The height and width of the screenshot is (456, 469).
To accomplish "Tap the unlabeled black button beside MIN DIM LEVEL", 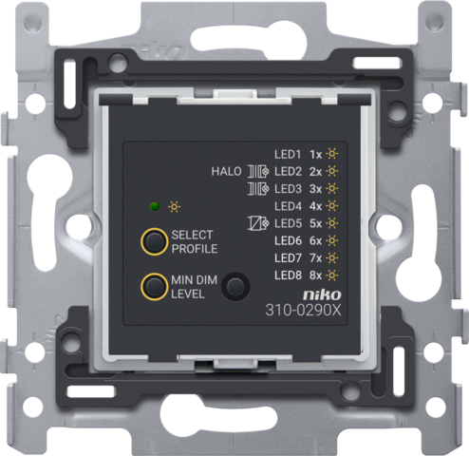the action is pos(235,287).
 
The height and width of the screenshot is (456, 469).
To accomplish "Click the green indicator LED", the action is pos(155,207).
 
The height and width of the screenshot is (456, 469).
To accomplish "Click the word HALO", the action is pos(226,172).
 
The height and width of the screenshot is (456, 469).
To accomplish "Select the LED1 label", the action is pos(288,155).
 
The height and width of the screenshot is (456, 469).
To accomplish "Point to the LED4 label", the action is pos(288,206).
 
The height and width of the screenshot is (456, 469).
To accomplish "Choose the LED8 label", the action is pos(288,275).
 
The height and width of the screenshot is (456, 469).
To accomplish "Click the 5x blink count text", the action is pos(315,223).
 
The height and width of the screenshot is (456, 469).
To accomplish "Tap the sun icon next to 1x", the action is pos(332,154).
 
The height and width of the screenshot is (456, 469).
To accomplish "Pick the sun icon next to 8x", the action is pos(332,275).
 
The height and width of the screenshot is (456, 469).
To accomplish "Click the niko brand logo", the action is pos(322,295).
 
